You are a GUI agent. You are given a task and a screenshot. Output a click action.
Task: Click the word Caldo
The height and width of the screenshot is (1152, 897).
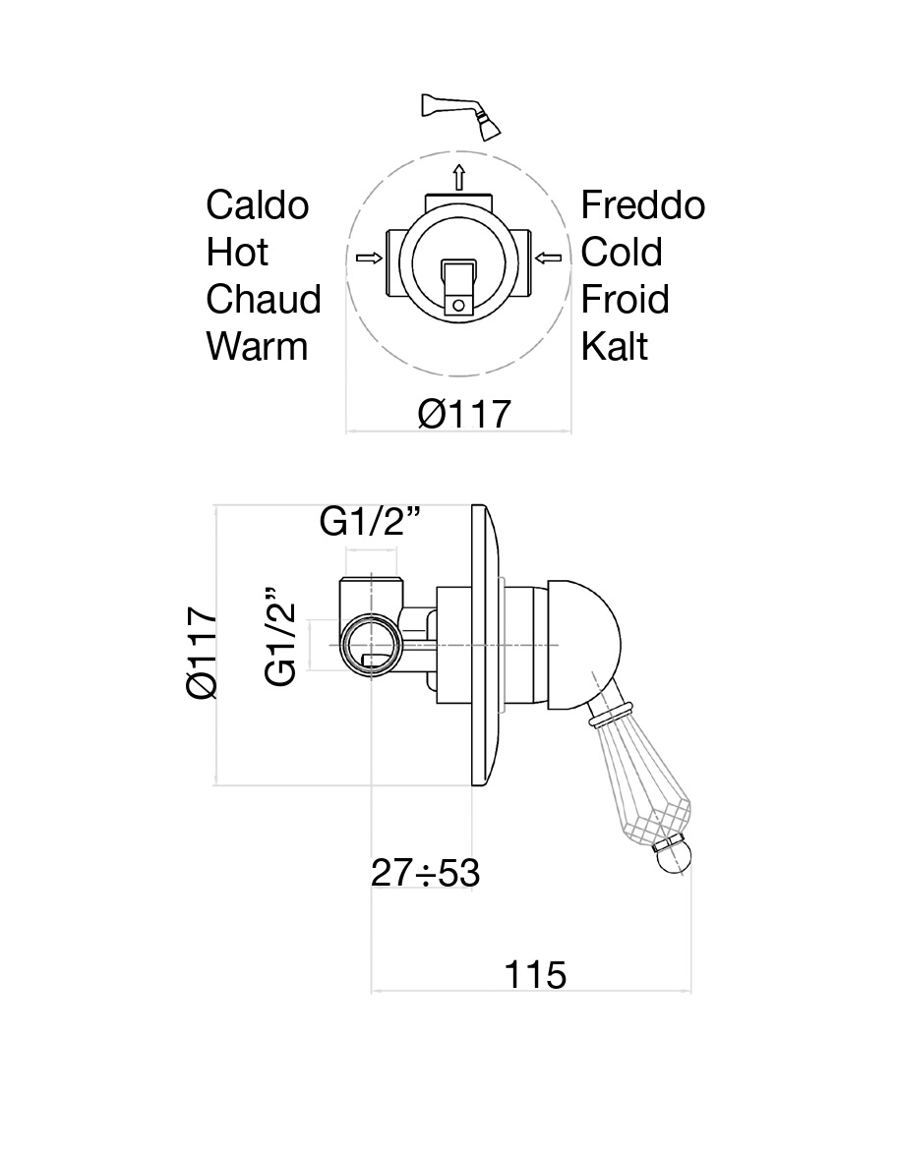point(258,205)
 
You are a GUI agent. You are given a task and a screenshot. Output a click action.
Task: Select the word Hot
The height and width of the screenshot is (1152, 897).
point(237,252)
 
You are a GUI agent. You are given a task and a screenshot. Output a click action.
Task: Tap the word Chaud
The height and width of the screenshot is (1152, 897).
point(264,299)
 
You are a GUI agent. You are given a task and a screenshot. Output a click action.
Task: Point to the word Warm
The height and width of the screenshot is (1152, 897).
point(257,346)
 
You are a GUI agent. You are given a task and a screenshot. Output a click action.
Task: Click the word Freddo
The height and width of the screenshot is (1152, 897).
point(642,205)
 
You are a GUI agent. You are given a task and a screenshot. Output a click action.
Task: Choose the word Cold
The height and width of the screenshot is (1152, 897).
point(622,252)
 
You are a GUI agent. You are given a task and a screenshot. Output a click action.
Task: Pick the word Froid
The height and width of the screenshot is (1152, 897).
point(625,299)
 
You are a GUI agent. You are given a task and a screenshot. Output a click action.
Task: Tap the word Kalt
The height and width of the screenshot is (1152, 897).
point(614,346)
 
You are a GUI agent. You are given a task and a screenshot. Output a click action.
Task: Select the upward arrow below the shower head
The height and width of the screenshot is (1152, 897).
point(458,177)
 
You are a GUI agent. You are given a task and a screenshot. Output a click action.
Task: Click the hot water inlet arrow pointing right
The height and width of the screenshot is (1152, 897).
point(369,258)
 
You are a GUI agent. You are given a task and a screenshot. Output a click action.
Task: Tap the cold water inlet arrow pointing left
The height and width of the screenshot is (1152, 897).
point(549,258)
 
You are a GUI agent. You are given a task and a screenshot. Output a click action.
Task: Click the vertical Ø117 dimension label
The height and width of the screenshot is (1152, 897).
point(203,652)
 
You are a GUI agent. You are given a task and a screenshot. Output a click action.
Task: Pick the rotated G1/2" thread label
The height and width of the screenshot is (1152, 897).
point(280,636)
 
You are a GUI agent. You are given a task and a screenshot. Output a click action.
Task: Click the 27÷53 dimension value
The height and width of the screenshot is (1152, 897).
point(425,873)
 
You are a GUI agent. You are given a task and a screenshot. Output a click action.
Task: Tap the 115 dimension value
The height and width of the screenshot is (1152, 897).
point(535,975)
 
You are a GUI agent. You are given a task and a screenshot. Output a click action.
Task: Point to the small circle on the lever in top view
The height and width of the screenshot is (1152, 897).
point(458,305)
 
